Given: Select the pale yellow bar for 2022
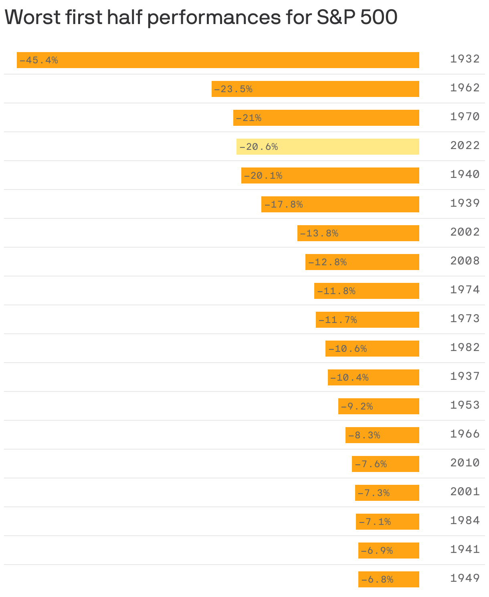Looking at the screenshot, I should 327,147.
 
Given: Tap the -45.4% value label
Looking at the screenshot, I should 38,61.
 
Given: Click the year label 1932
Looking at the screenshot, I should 465,59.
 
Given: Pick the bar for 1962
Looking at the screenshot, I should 315,89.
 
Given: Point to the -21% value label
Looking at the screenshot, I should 249,118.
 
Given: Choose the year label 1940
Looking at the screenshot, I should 465,175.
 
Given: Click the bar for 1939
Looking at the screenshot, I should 340,204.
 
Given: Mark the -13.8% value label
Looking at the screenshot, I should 319,234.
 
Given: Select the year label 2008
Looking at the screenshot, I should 465,261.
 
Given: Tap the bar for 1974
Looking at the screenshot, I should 366,291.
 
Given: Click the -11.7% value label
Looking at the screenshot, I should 337,320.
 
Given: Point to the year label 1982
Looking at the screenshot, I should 465,348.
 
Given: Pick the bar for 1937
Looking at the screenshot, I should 373,377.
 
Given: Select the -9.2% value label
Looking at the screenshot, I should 357,407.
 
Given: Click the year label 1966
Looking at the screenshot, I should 465,434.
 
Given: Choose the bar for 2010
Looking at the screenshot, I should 385,464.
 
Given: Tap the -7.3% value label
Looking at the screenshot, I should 374,493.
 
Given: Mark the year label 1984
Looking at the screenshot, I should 465,521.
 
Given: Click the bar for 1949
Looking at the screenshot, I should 388,579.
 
